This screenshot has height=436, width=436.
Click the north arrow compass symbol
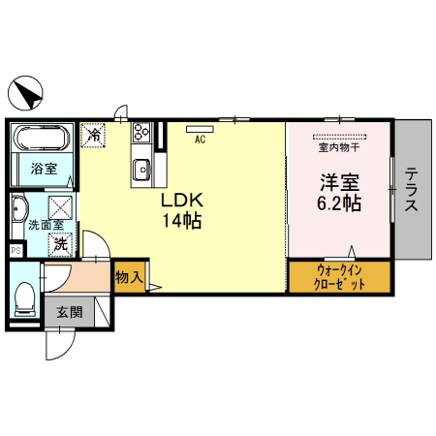(25, 93)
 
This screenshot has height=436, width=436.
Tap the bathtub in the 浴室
(43, 138)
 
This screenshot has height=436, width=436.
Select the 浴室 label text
(44, 169)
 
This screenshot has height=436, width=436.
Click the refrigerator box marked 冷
(93, 136)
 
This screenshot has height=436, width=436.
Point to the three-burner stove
(141, 132)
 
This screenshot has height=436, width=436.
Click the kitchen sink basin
(141, 170)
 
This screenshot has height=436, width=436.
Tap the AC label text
(200, 140)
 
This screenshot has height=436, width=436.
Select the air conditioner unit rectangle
(200, 129)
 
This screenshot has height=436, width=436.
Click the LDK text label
(182, 200)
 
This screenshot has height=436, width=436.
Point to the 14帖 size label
(182, 221)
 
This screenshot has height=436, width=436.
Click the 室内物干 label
(339, 147)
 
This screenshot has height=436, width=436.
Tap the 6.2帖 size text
(339, 203)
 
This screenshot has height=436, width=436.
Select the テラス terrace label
(412, 189)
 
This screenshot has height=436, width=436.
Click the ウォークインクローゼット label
(339, 277)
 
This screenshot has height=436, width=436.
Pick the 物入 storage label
(129, 277)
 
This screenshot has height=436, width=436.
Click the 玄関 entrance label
(70, 312)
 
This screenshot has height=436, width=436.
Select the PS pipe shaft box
(16, 250)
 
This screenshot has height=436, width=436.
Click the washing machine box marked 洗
(60, 245)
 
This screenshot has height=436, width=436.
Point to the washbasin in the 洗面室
(18, 209)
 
